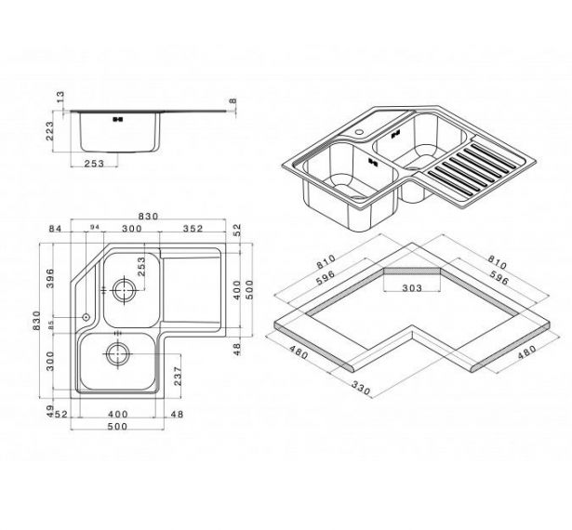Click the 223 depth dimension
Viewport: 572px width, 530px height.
[x=49, y=131]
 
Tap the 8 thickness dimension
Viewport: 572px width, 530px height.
[x=233, y=101]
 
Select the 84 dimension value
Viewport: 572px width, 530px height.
[x=56, y=229]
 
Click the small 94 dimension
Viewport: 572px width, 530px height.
[x=95, y=228]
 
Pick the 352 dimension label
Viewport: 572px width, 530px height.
[x=193, y=229]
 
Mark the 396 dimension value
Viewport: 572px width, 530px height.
[x=49, y=278]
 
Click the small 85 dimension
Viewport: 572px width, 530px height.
[x=51, y=325]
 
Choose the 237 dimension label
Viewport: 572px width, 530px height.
[x=178, y=376]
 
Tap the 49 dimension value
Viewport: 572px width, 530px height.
[x=50, y=410]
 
